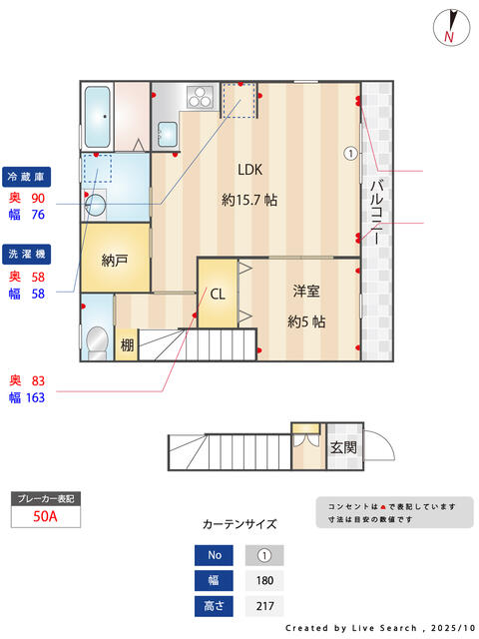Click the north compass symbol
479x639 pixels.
point(451,27)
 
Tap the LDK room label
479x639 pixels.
point(249,168)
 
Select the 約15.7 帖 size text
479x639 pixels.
point(248,200)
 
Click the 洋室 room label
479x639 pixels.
point(306,291)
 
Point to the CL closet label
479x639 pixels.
point(218,294)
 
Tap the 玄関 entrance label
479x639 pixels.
point(343,446)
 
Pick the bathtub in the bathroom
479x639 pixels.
point(97,117)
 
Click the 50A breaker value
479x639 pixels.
point(44,516)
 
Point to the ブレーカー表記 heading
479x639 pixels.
point(44,497)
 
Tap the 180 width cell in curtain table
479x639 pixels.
point(264,580)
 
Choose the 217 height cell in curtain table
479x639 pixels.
point(264,606)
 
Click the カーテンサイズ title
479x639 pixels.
point(239,523)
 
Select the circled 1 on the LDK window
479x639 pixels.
point(350,154)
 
